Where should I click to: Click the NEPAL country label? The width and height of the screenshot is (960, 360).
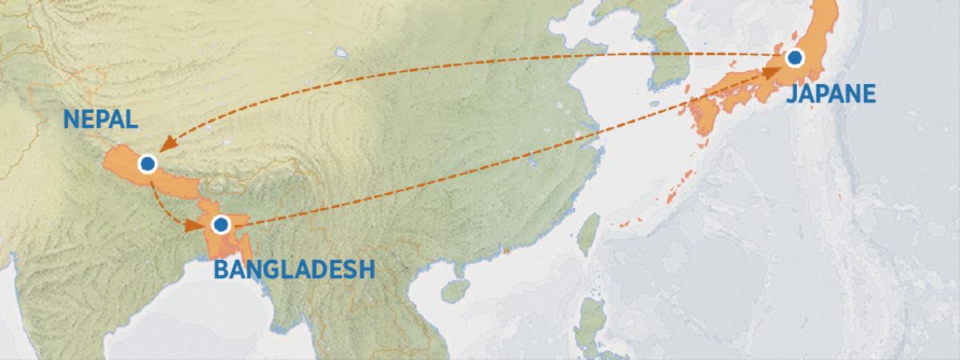click(x=101, y=120)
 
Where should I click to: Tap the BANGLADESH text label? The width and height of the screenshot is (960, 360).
click(x=294, y=269)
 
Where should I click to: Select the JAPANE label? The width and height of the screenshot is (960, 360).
click(x=831, y=94)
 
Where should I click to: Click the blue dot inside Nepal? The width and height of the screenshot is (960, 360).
click(x=146, y=164)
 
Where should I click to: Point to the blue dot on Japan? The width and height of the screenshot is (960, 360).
click(x=794, y=58)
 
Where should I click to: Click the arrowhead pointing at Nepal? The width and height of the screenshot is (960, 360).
click(x=166, y=144)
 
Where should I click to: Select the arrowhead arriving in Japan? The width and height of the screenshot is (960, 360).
click(x=770, y=73)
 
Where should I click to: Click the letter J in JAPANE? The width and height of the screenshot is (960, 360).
click(x=791, y=95)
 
